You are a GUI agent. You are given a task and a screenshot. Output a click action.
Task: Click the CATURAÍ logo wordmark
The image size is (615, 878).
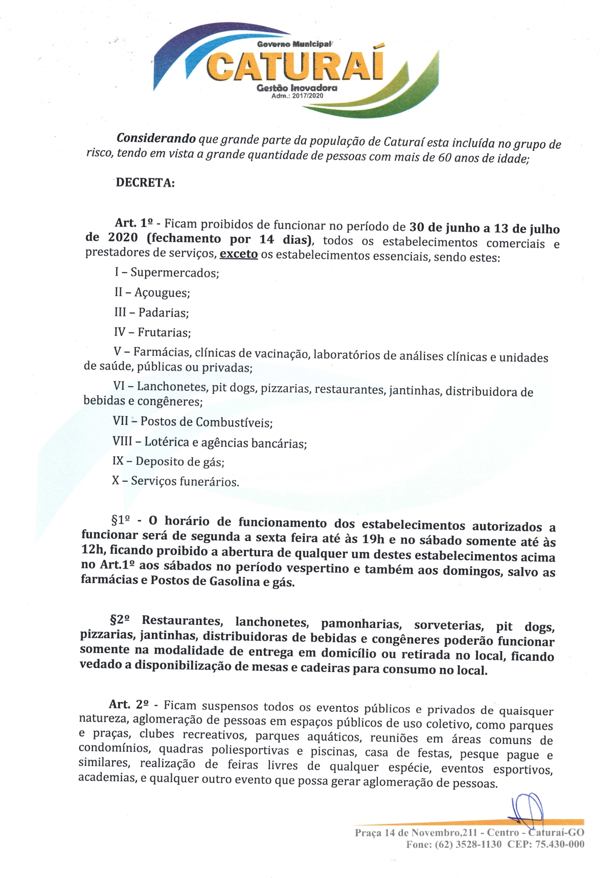295,65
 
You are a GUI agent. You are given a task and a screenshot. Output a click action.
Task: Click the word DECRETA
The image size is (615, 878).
145,183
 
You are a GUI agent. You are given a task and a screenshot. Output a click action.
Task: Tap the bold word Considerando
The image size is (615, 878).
156,138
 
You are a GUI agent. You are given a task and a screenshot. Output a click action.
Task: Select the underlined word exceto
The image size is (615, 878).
238,254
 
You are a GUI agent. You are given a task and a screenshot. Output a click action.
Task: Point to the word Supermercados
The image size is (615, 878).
174,273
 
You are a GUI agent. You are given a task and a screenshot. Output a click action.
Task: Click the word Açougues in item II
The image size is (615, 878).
162,293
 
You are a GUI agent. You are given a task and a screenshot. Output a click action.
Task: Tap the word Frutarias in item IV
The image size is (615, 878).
164,333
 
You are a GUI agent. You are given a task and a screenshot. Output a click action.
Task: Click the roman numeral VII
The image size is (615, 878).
121,421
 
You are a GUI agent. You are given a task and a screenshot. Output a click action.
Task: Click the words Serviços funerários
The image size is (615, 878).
185,481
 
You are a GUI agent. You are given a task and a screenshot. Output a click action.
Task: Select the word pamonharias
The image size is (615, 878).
361,624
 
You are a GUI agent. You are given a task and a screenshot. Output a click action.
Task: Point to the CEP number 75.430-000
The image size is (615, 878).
559,844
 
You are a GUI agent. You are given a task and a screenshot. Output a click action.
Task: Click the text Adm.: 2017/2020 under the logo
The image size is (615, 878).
297,96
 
